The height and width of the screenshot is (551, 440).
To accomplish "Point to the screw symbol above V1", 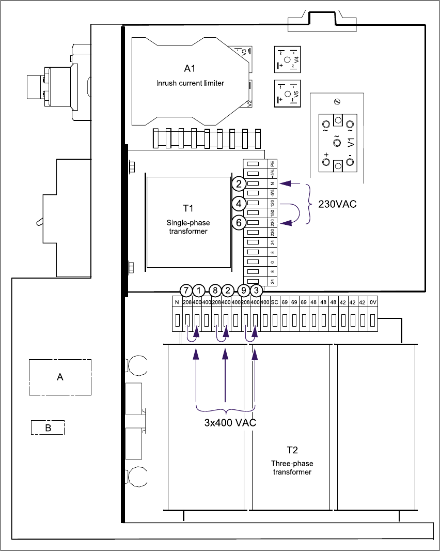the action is [337, 100].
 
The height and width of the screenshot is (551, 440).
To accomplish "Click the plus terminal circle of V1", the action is [326, 162].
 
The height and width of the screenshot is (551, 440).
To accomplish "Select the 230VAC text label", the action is [338, 205].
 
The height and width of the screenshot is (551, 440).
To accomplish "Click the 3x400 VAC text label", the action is [228, 422].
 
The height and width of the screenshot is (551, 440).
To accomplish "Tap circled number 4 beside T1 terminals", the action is [238, 203].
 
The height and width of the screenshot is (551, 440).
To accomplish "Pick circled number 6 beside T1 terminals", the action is [238, 223].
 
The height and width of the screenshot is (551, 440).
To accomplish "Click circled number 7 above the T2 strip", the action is [185, 290].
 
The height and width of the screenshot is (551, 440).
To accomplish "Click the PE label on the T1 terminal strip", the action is [272, 164].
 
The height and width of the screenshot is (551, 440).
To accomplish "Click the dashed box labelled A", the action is [60, 377].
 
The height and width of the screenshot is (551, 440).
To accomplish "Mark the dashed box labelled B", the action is [48, 428].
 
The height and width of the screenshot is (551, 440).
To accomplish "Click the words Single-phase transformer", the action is [188, 227].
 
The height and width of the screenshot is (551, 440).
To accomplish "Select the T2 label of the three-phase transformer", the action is [292, 450].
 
